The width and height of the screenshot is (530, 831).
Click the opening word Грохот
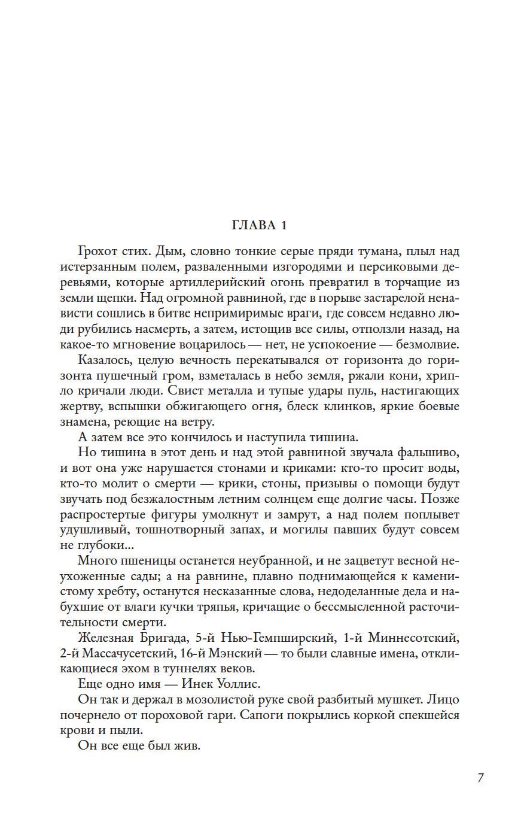click(99, 251)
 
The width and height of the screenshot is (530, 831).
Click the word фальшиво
click(428, 453)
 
